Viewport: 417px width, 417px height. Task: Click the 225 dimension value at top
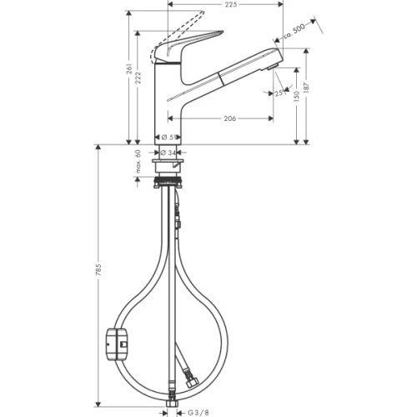pyautogui.click(x=231, y=6)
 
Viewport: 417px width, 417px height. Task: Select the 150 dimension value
pyautogui.click(x=297, y=97)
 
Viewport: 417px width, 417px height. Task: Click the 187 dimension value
pyautogui.click(x=310, y=88)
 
